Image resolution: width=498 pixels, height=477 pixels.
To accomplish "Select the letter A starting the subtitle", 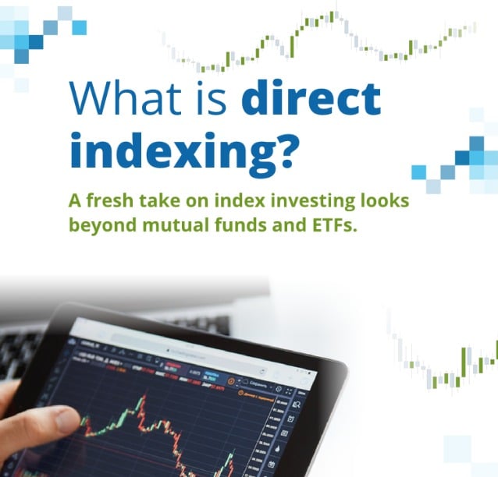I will [x=76, y=201].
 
